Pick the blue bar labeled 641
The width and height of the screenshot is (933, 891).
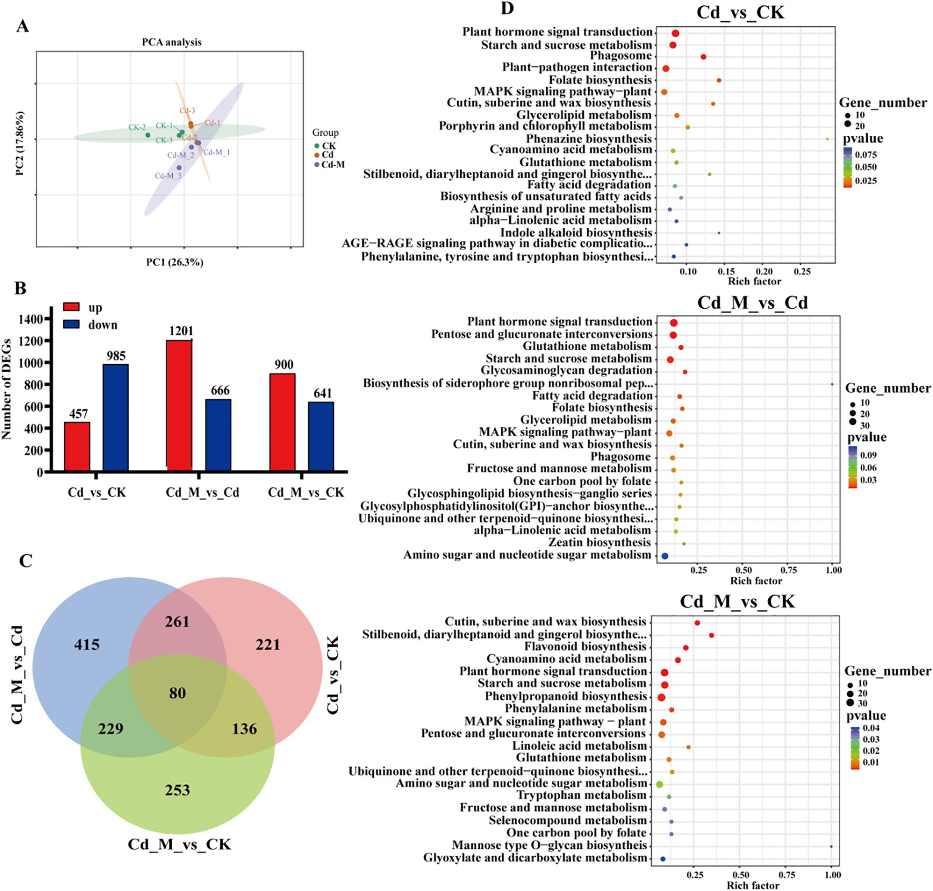pyautogui.click(x=321, y=436)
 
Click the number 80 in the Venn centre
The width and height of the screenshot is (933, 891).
pyautogui.click(x=177, y=693)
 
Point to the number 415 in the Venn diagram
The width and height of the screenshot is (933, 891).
pyautogui.click(x=87, y=645)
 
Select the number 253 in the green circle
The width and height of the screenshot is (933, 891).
pyautogui.click(x=177, y=790)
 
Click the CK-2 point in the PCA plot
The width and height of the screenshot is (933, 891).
pyautogui.click(x=148, y=135)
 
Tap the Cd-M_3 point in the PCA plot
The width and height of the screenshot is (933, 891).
pyautogui.click(x=179, y=168)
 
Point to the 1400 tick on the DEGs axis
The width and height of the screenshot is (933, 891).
pyautogui.click(x=33, y=319)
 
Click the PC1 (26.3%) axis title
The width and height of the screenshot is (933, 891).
pyautogui.click(x=174, y=262)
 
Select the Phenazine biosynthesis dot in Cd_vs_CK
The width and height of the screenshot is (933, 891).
pyautogui.click(x=827, y=139)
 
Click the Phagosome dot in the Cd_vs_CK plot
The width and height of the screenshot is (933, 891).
pyautogui.click(x=703, y=57)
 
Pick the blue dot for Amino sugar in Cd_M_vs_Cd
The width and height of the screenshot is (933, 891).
pyautogui.click(x=664, y=556)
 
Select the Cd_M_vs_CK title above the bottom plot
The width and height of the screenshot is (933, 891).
pyautogui.click(x=737, y=602)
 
